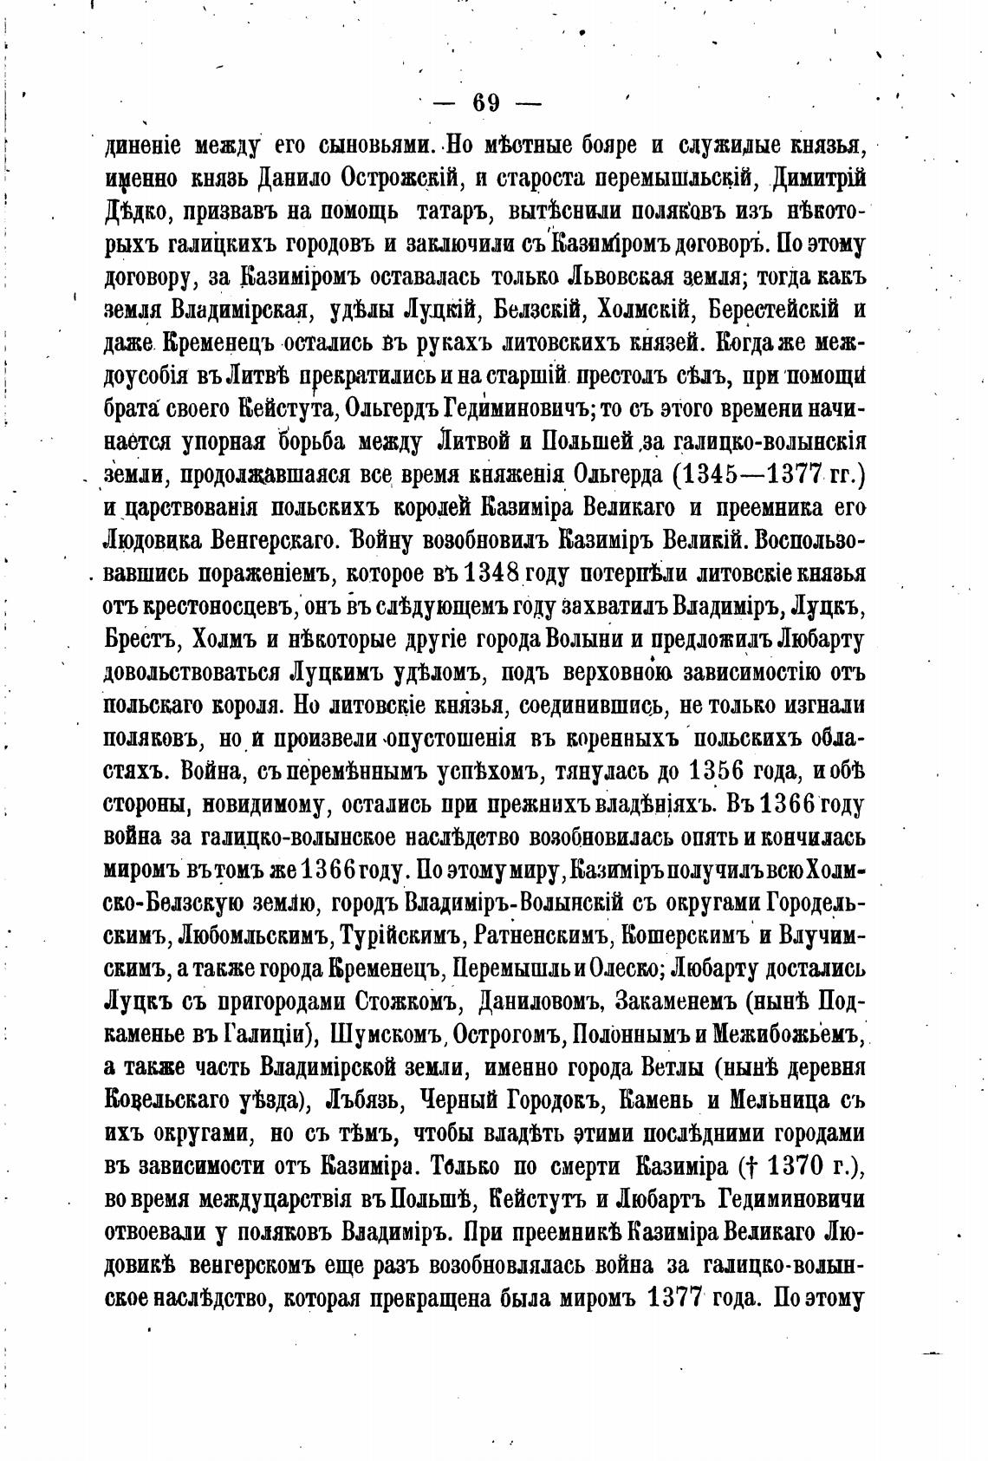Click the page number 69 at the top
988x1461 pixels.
click(x=485, y=103)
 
